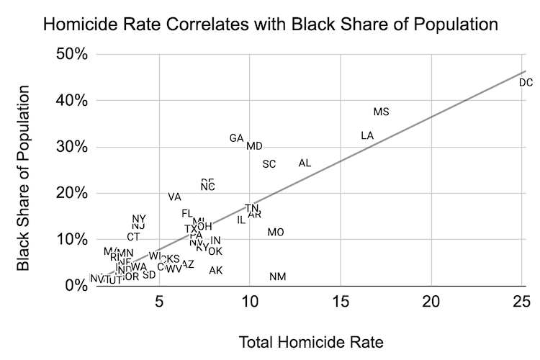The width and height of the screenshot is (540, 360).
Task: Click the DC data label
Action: point(526,83)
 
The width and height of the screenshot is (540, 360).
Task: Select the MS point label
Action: point(381,112)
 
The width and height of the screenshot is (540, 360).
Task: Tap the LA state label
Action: point(367,135)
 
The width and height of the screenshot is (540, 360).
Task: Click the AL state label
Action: point(305,163)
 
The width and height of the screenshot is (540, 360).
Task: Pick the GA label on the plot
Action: point(236,138)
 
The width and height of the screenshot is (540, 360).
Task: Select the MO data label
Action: point(276,233)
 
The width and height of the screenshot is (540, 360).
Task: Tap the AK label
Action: point(215,271)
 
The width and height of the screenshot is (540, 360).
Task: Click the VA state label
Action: point(174,197)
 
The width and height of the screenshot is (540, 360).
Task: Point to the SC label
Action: point(269,164)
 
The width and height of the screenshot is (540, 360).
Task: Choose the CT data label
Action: point(133,237)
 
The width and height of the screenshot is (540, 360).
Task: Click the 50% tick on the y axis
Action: point(72,55)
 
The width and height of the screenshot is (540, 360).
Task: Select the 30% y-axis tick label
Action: point(72,147)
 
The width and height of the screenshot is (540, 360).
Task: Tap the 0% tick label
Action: point(76,286)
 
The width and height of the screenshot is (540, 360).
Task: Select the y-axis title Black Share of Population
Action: point(24,178)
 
